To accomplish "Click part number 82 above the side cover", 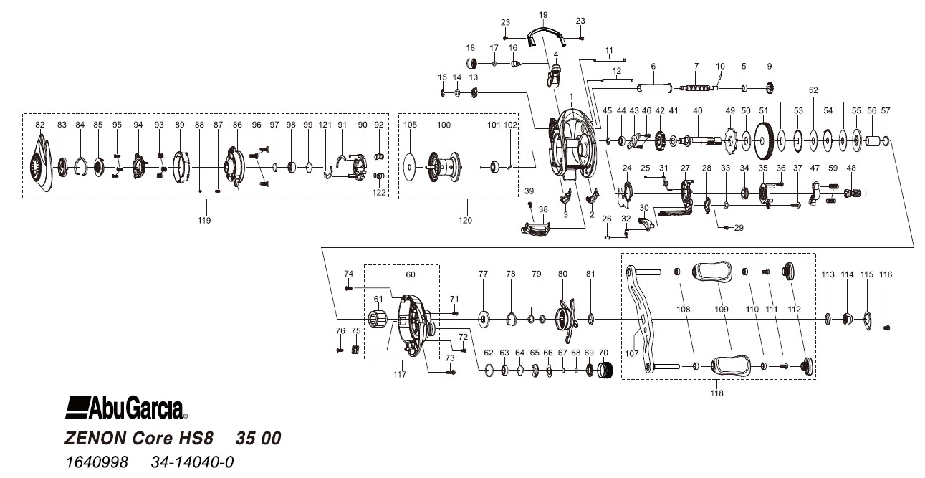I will [39, 125].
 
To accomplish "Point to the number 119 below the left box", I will [205, 220].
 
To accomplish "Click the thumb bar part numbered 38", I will [537, 229].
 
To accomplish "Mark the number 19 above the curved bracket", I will [542, 14].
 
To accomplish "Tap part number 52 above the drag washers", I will [813, 91].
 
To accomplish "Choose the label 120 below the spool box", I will [466, 220].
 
